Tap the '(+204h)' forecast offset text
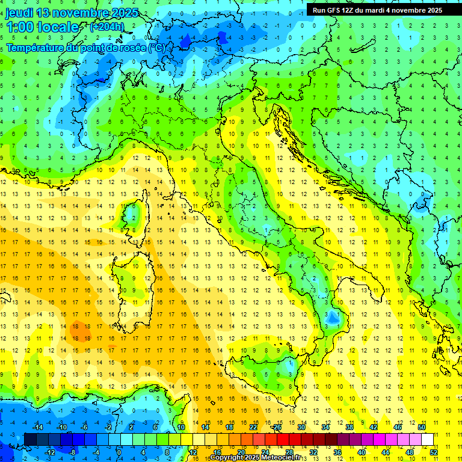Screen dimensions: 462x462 click(x=106, y=26)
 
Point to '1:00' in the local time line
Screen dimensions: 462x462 click(x=19, y=27)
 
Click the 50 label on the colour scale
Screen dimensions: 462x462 click(x=422, y=427)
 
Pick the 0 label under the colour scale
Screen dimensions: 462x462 click(x=119, y=452)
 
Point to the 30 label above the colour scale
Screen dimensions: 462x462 click(x=301, y=427)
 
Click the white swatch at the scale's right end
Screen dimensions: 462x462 click(x=428, y=439)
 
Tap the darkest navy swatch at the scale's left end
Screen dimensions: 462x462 click(x=30, y=439)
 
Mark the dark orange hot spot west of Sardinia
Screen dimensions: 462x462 click(x=77, y=330)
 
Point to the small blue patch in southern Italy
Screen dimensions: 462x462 click(x=331, y=317)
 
